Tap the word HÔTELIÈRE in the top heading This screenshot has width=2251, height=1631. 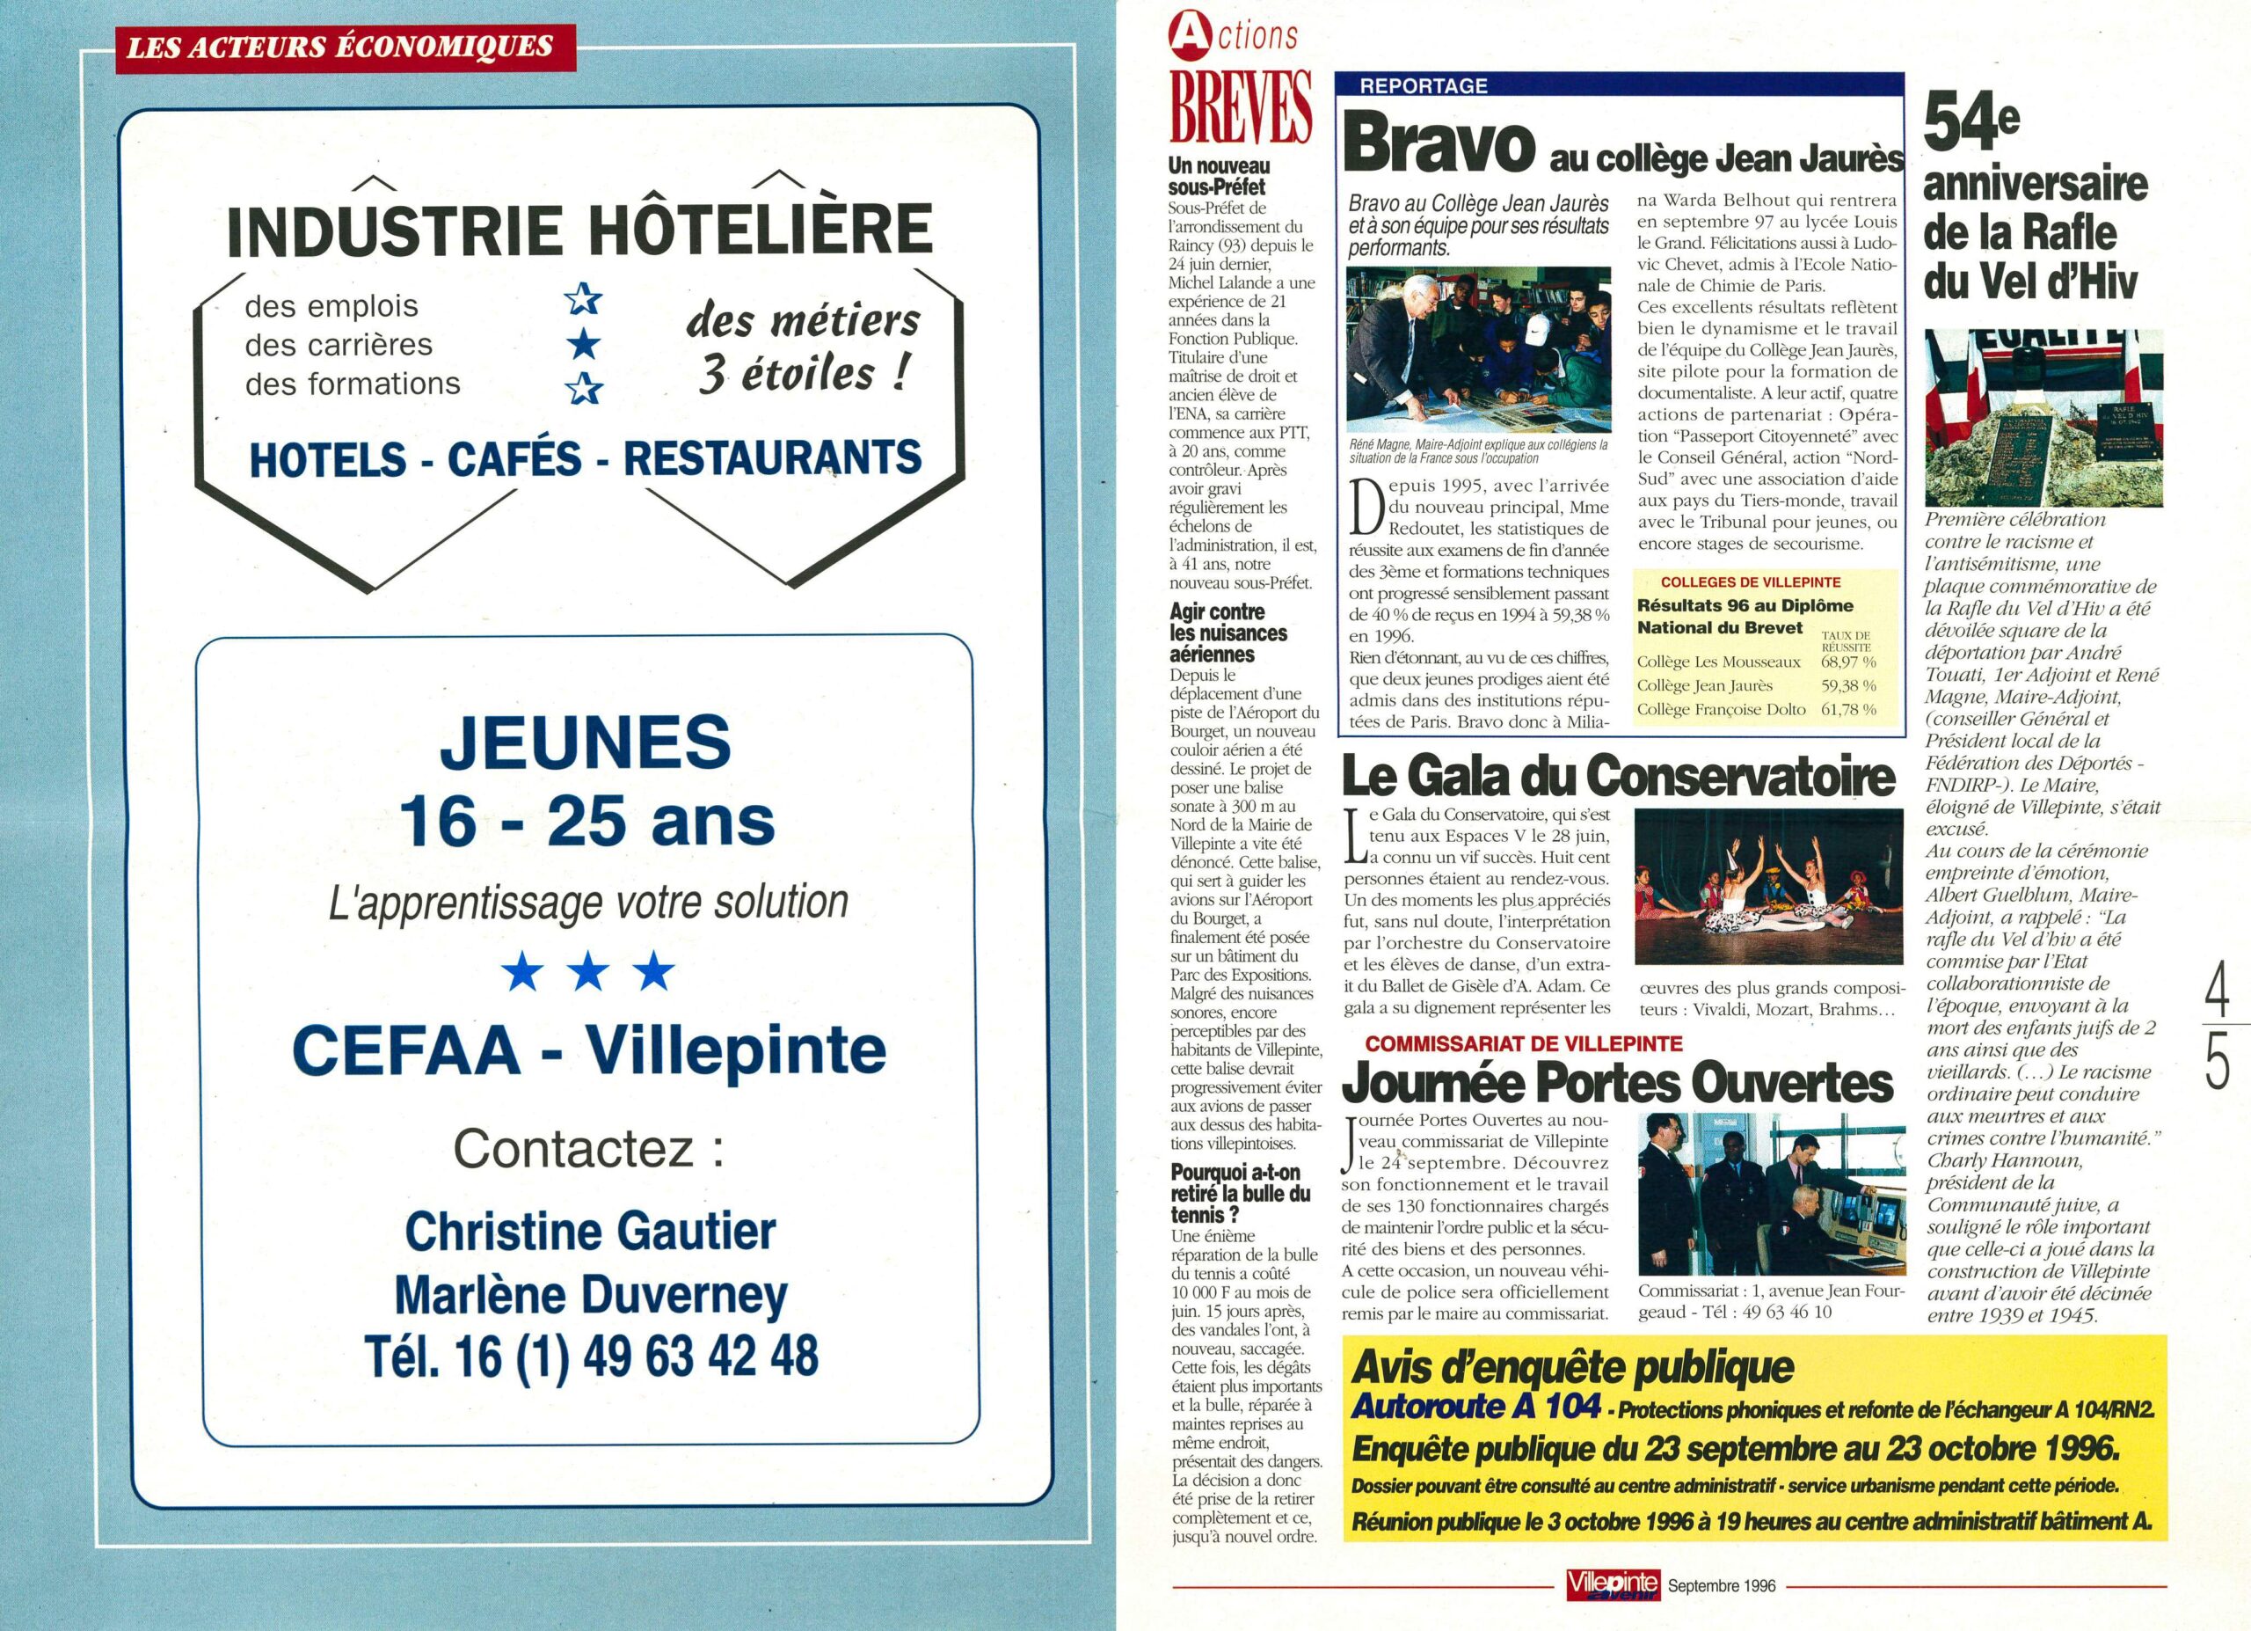(761, 230)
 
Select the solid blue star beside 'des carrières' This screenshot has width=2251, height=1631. (584, 345)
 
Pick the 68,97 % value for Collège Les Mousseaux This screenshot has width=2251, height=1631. (1848, 662)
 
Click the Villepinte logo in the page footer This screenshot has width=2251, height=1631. (1613, 1585)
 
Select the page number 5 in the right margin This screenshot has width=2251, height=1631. (2218, 1059)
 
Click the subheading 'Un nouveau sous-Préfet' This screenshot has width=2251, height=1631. (1218, 177)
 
